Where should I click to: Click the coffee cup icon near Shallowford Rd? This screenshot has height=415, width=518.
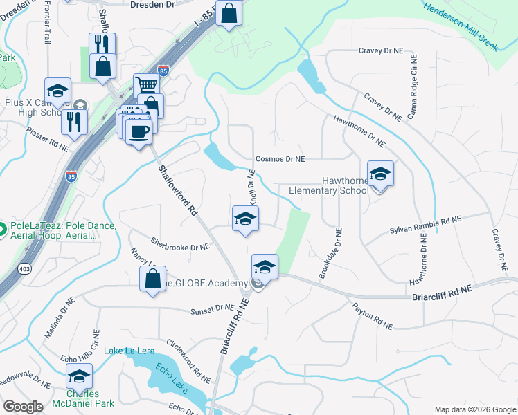click(139, 131)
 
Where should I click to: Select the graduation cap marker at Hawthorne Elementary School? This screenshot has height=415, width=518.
click(379, 174)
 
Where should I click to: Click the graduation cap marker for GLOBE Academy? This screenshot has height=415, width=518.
click(265, 267)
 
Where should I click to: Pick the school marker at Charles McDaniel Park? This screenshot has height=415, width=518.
click(80, 377)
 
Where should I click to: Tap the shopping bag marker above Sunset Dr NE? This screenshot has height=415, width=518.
click(152, 279)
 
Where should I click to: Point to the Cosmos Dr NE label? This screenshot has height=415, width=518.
click(280, 159)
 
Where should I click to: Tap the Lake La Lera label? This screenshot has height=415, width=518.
click(129, 351)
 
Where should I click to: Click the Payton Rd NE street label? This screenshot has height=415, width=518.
click(372, 315)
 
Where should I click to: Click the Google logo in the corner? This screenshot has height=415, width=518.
click(23, 407)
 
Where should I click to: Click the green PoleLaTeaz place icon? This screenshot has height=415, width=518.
click(2, 228)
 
